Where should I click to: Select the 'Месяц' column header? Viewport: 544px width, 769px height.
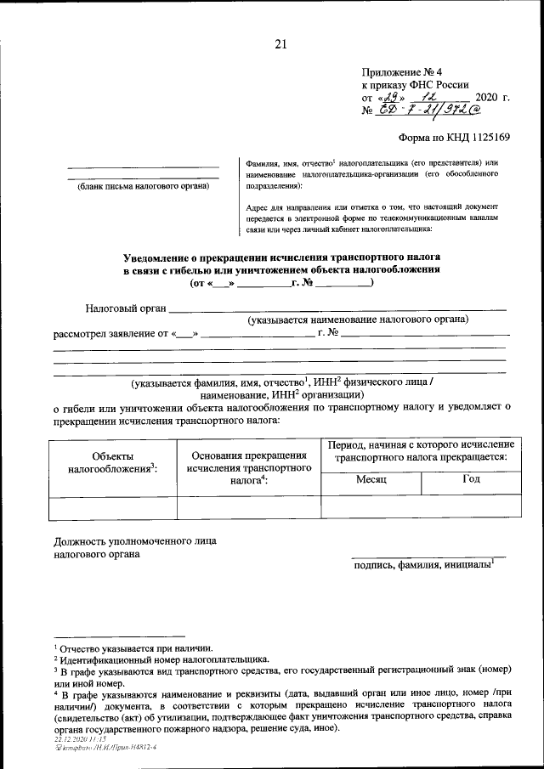tap(371, 479)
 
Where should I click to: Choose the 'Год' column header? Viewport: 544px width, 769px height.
tap(471, 479)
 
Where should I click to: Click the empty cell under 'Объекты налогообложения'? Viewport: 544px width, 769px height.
tap(112, 507)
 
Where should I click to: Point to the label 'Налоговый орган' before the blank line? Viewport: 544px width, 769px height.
tap(126, 308)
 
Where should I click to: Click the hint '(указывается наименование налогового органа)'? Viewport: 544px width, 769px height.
tap(358, 320)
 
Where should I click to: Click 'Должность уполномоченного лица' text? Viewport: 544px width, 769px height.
tap(134, 540)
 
